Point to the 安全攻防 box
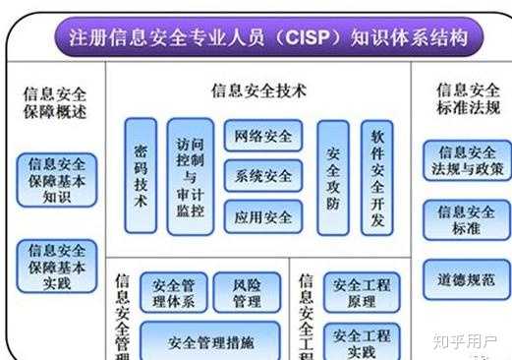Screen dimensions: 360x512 [333, 178]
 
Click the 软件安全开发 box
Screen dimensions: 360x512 [376, 178]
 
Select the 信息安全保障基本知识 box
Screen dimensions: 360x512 [57, 180]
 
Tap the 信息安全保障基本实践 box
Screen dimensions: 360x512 [57, 266]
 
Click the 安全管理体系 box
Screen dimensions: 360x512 [173, 293]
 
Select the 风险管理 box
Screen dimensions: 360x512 [247, 293]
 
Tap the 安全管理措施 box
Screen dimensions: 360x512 [210, 342]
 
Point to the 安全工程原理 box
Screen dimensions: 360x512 [362, 293]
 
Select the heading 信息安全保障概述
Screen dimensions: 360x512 [55, 102]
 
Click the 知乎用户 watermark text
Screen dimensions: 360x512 [462, 342]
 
